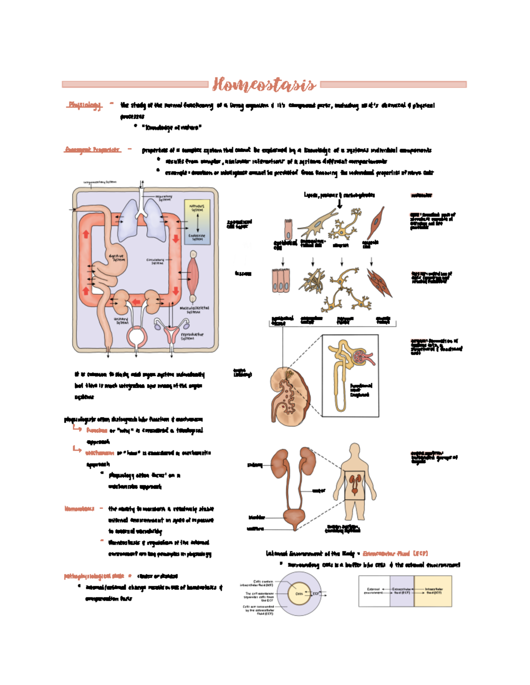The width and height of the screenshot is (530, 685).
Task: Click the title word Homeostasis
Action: [264, 84]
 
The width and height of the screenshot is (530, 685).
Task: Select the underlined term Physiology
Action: [84, 105]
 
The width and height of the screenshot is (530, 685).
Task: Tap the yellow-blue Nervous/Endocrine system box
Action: [197, 222]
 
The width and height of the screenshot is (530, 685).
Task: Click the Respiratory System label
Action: [164, 198]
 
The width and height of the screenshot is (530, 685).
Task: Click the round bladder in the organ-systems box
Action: [136, 337]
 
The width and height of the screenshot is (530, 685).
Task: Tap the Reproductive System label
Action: [192, 337]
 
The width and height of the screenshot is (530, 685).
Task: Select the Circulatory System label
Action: [155, 262]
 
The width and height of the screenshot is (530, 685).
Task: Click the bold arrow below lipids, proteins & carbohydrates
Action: [339, 204]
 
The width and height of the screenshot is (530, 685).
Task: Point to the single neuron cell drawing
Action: [345, 226]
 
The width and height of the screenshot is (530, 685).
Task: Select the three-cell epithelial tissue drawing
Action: [281, 281]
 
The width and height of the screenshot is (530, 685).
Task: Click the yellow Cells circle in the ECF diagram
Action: [299, 594]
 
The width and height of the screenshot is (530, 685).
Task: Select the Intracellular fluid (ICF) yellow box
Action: [433, 591]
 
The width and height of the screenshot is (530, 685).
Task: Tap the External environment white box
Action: [374, 591]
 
